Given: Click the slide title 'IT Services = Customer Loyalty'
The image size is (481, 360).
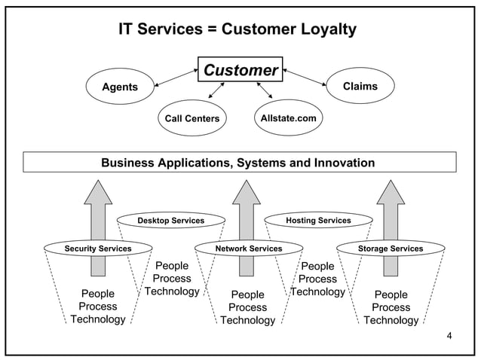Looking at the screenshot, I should point(237,29).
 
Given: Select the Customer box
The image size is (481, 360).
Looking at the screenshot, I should point(240,71).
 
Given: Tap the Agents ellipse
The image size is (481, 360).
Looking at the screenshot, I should point(120,87).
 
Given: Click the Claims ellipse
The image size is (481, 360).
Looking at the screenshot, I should point(360,86).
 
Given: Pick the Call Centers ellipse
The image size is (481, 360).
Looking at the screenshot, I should point(192,118).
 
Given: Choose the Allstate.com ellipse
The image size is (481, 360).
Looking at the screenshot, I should point(288,117).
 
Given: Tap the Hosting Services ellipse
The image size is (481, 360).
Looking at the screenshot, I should point(318,221).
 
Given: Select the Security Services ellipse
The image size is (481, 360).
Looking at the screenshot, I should point(98,248).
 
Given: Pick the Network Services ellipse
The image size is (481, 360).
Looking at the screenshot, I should point(248,248).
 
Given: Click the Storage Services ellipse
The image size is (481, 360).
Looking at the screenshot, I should point(390,248).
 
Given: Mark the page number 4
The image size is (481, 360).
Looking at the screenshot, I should point(449,335).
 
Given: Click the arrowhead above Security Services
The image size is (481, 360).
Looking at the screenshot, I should point(97,191).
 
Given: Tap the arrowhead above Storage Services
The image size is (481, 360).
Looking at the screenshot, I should point(390,191).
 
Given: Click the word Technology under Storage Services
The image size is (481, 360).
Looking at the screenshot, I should point(391,320).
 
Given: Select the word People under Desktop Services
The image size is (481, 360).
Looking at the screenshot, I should point(172,266).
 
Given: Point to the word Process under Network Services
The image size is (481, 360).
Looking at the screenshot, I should point(247,307).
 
